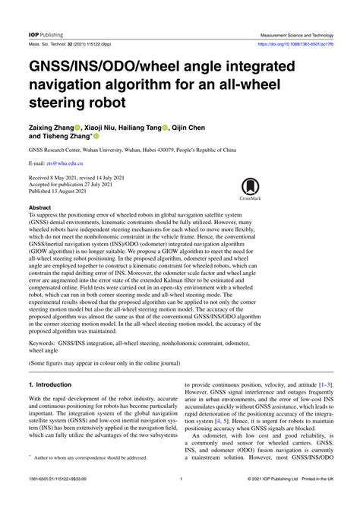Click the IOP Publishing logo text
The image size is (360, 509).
click(x=46, y=34)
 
